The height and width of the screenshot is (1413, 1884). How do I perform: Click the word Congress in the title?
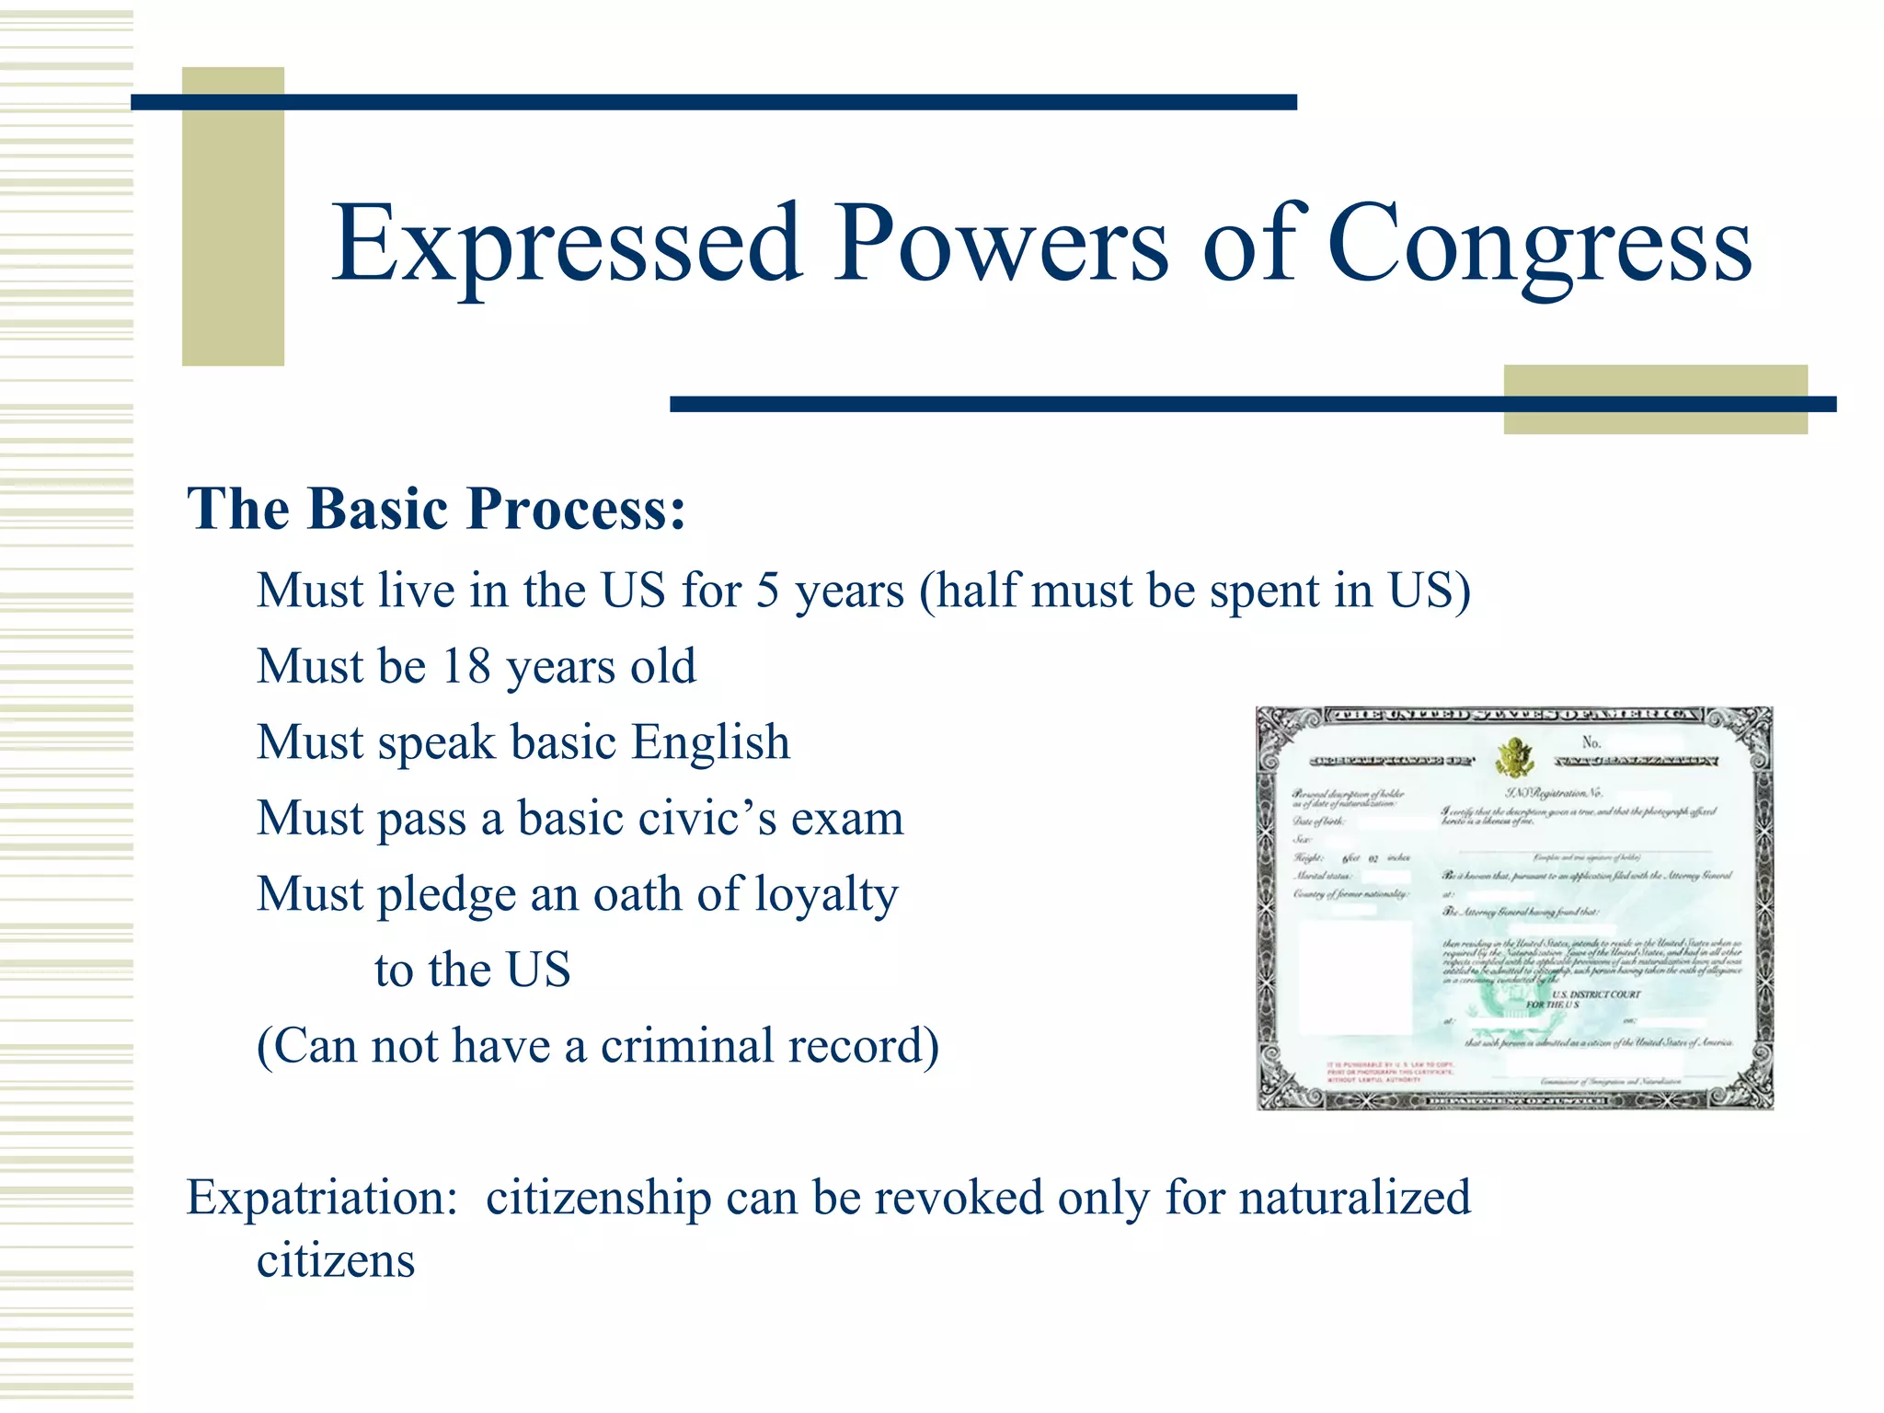pos(1539,246)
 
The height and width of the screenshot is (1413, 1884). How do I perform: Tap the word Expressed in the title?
pos(567,246)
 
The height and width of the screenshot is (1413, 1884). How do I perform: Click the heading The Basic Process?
pos(436,509)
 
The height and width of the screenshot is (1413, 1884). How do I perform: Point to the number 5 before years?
pos(767,591)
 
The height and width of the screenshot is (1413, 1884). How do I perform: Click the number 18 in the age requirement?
pos(466,666)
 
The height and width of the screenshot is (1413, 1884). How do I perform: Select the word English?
pos(711,742)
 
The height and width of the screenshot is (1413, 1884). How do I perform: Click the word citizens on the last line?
pos(335,1261)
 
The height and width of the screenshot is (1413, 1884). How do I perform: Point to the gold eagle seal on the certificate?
pos(1513,758)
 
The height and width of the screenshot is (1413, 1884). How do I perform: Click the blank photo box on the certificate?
pos(1354,976)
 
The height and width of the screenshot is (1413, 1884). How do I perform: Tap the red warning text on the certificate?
pos(1390,1072)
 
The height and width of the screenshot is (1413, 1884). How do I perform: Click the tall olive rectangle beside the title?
pos(233,217)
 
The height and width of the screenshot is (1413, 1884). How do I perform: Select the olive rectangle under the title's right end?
pos(1654,399)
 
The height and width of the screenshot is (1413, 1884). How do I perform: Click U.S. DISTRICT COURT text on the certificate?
pos(1595,994)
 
